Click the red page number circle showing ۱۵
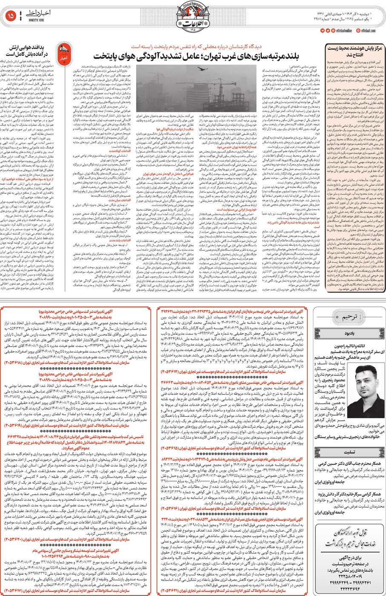11,16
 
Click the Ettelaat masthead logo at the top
192,17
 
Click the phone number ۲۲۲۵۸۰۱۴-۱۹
349,572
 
